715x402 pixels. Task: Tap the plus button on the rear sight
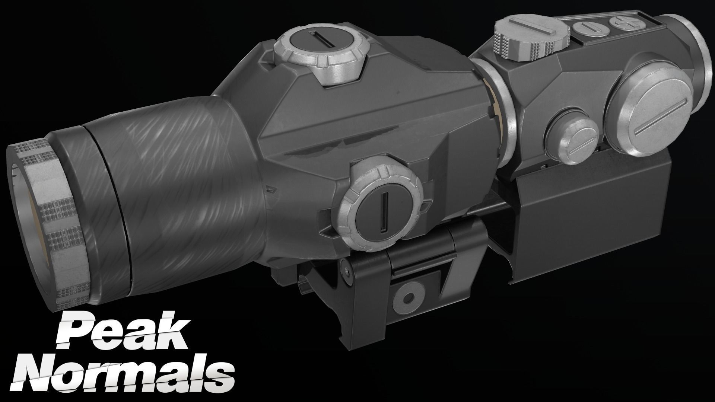(x=620, y=22)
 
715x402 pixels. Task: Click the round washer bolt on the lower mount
(x=407, y=298)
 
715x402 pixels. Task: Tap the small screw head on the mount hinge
(x=347, y=274)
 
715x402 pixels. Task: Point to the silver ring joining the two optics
(x=499, y=112)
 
